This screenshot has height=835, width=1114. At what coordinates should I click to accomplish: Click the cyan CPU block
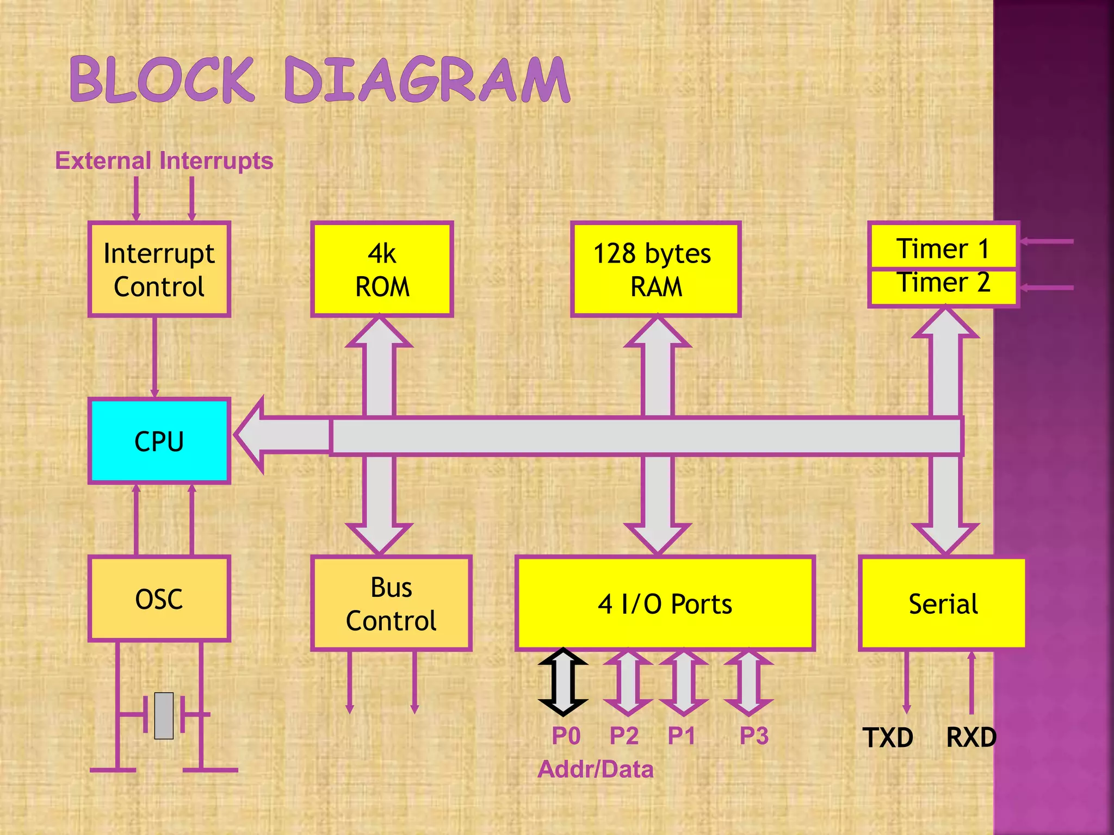coord(159,441)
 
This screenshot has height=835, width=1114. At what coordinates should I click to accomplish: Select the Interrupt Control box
coord(159,270)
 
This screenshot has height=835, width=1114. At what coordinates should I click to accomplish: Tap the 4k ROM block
coord(382,270)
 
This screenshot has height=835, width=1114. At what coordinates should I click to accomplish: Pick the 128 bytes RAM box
coord(655,270)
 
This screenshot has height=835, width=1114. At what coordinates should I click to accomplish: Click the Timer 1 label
coord(943,248)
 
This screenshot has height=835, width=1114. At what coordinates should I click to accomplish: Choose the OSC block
coord(159,599)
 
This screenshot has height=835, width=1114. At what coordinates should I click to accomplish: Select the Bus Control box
coord(391,603)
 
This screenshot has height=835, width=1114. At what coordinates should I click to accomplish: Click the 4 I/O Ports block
coord(665,603)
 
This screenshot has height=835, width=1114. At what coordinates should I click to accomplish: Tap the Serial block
coord(943,603)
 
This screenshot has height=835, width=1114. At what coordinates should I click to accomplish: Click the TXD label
coord(888,738)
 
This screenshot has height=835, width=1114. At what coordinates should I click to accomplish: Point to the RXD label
coord(971,738)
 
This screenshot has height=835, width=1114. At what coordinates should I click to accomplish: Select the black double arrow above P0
coord(563,682)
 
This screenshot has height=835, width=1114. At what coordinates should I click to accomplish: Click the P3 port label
coord(754,736)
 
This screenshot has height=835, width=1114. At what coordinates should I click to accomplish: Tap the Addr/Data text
coord(595,769)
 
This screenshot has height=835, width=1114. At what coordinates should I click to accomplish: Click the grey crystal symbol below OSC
coord(164,715)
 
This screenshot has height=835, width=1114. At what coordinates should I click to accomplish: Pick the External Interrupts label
coord(164,161)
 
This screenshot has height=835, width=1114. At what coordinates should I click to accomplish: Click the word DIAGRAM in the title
coord(427,80)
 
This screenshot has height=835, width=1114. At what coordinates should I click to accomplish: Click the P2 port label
coord(623,736)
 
